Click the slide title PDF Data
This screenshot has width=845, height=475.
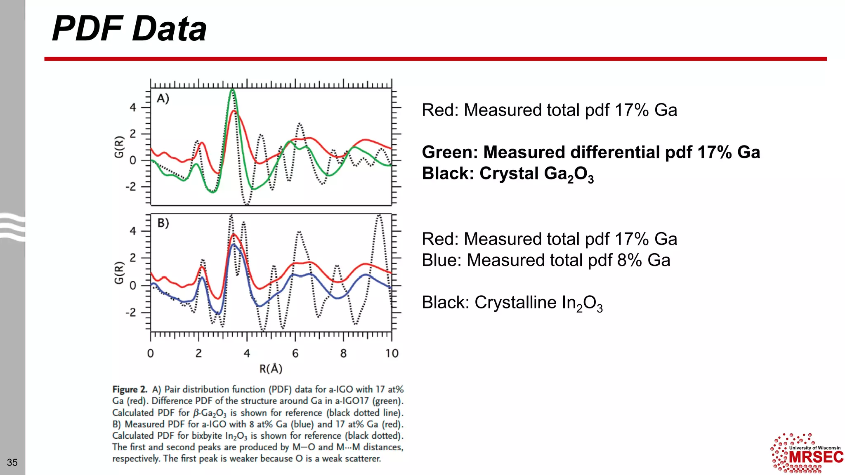[129, 29]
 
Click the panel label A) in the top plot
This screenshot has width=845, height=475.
[163, 99]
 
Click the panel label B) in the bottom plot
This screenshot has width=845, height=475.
[163, 223]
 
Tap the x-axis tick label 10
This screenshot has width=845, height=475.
[392, 353]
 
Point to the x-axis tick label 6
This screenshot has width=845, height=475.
[295, 353]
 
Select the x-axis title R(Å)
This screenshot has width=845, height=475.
[271, 369]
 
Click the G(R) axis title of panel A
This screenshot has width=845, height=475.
[119, 147]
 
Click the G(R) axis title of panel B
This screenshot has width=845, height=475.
[119, 273]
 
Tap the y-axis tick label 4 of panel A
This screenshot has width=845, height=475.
[132, 108]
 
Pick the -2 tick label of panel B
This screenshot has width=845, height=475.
[130, 313]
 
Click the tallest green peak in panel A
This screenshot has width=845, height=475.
[232, 90]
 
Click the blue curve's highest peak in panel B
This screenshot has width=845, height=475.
[234, 245]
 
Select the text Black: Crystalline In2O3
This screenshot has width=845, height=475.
[512, 303]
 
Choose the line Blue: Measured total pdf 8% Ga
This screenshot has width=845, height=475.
[545, 260]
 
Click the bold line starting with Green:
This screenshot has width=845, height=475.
[590, 152]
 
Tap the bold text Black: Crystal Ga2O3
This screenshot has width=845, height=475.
[507, 174]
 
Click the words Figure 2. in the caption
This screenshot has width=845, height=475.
[130, 389]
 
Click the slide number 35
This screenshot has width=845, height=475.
[12, 462]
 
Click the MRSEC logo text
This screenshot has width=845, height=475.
[816, 457]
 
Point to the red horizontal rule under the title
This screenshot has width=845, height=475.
[435, 59]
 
